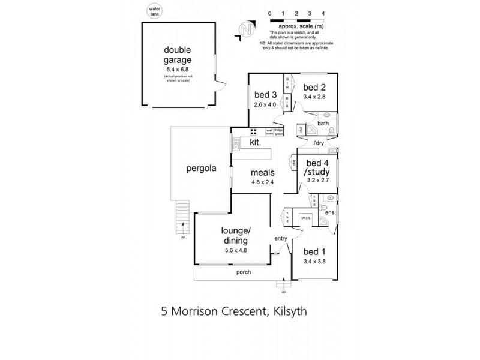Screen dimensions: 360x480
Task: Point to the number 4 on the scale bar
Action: click(x=323, y=13)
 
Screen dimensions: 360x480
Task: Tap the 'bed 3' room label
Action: click(x=265, y=94)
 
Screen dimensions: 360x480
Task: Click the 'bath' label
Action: click(x=323, y=124)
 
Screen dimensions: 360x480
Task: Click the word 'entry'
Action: click(x=281, y=238)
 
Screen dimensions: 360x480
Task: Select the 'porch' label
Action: click(x=243, y=272)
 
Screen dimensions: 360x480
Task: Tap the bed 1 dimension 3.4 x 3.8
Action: click(x=314, y=262)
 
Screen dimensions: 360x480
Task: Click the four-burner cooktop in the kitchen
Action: click(x=254, y=132)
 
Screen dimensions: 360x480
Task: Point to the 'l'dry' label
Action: click(x=319, y=142)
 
